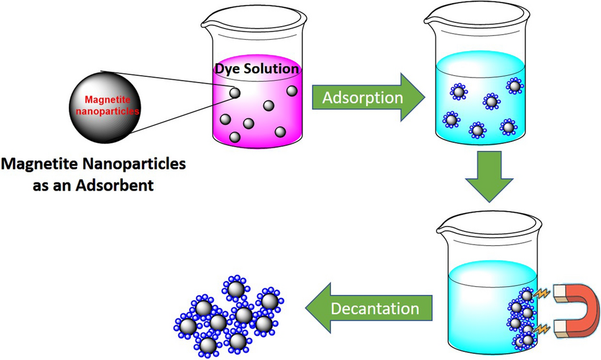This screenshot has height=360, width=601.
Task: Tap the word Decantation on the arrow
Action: [x=374, y=308]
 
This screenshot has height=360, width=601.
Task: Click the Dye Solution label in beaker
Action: [x=256, y=69]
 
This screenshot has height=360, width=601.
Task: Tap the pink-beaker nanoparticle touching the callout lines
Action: [x=234, y=93]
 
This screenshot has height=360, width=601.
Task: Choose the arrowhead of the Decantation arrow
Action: [x=316, y=308]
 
